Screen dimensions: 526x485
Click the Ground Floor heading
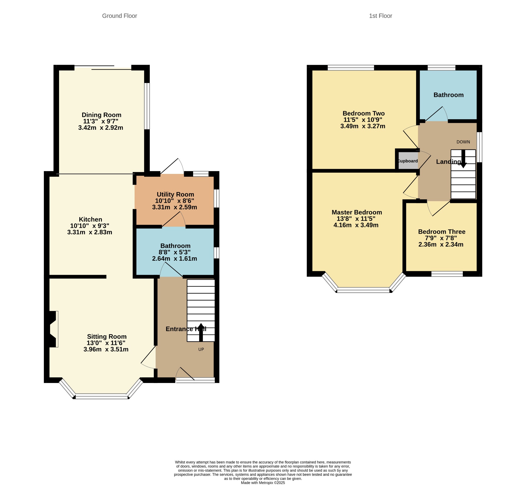[119, 16]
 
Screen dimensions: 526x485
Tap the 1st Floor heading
[380, 16]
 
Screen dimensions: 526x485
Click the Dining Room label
[101, 115]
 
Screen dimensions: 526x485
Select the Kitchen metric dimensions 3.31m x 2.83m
[90, 232]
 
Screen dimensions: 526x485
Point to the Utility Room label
[175, 194]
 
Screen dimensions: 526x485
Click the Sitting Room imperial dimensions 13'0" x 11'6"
[106, 343]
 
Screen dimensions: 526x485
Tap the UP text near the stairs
[201, 350]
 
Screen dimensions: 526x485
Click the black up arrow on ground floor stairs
[201, 332]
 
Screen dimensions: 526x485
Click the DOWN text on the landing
[463, 142]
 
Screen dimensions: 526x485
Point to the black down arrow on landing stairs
[464, 159]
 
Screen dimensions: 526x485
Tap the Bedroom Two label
[364, 113]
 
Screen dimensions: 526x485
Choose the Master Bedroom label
[357, 212]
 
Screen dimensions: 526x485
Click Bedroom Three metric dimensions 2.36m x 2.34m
[441, 245]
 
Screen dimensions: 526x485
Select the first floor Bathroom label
[448, 95]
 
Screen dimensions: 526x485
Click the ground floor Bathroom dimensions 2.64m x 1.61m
[174, 258]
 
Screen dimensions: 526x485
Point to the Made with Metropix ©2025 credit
[263, 483]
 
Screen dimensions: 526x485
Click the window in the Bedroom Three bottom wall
[447, 274]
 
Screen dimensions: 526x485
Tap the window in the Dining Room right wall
[147, 106]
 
